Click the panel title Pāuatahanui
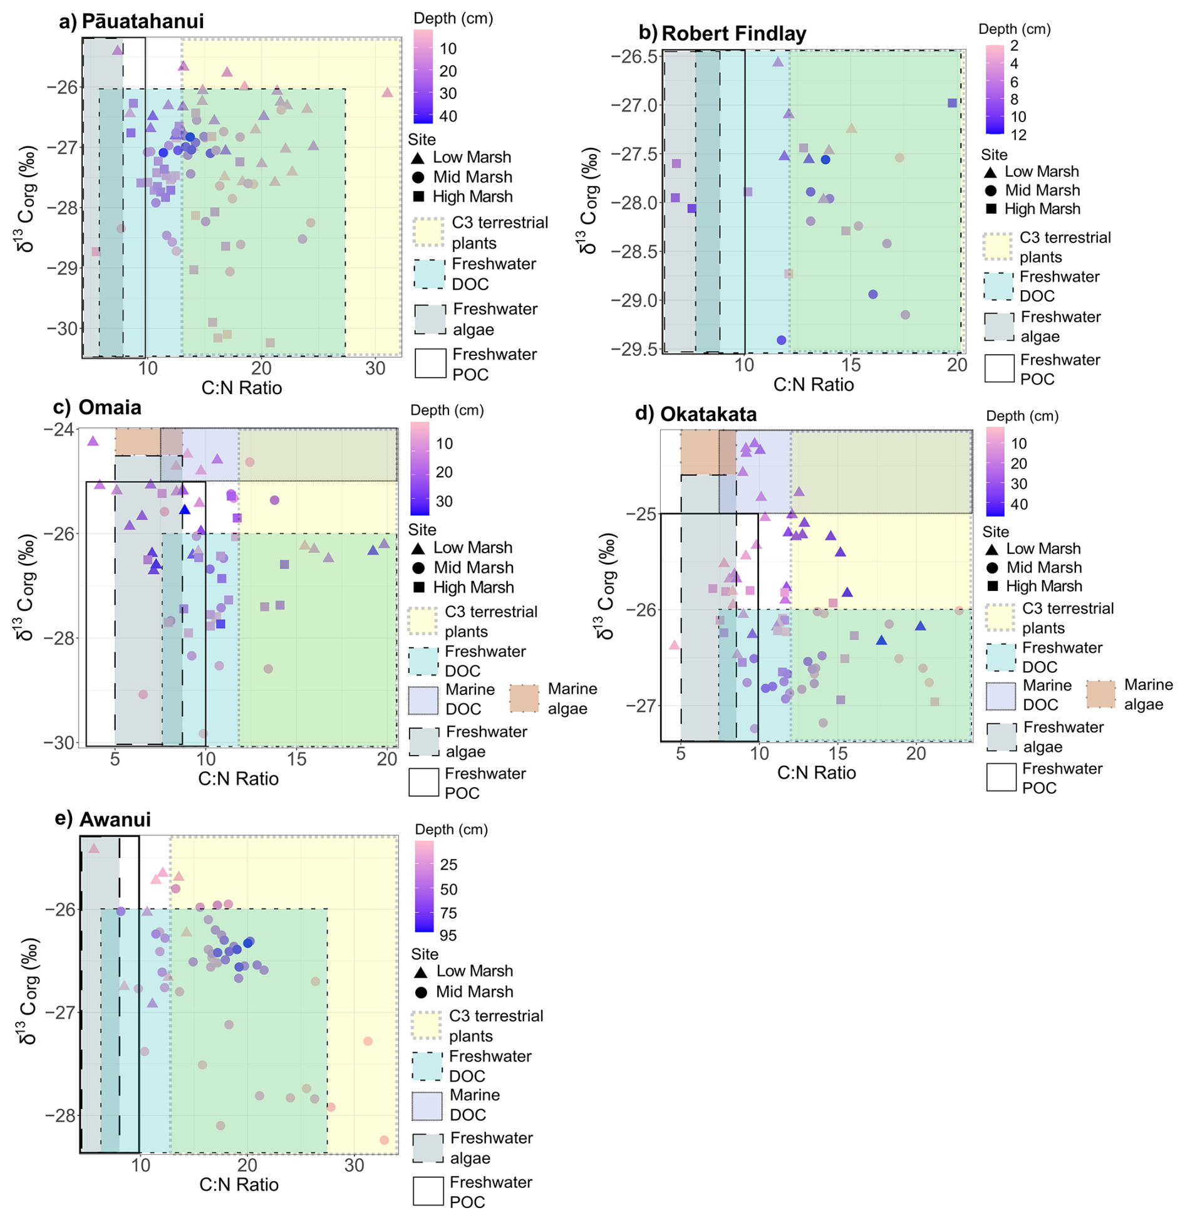click(142, 21)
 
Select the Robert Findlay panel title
click(733, 33)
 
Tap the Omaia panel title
click(110, 407)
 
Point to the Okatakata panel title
click(708, 414)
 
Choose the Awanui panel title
click(115, 820)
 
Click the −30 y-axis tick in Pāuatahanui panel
click(62, 328)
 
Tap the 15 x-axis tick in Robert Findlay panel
click(850, 365)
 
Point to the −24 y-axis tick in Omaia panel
click(58, 429)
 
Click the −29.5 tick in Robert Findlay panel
click(634, 348)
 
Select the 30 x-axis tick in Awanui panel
click(354, 1165)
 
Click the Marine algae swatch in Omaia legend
click(524, 698)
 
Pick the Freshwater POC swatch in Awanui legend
click(428, 1191)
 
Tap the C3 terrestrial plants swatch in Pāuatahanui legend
click(429, 232)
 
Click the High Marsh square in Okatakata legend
click(991, 586)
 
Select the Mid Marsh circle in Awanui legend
click(421, 992)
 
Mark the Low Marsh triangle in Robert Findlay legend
click(990, 172)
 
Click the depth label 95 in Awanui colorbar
click(448, 936)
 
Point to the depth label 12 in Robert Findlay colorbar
click(1018, 135)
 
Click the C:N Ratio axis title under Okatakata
click(815, 773)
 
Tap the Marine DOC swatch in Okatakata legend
click(1000, 696)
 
